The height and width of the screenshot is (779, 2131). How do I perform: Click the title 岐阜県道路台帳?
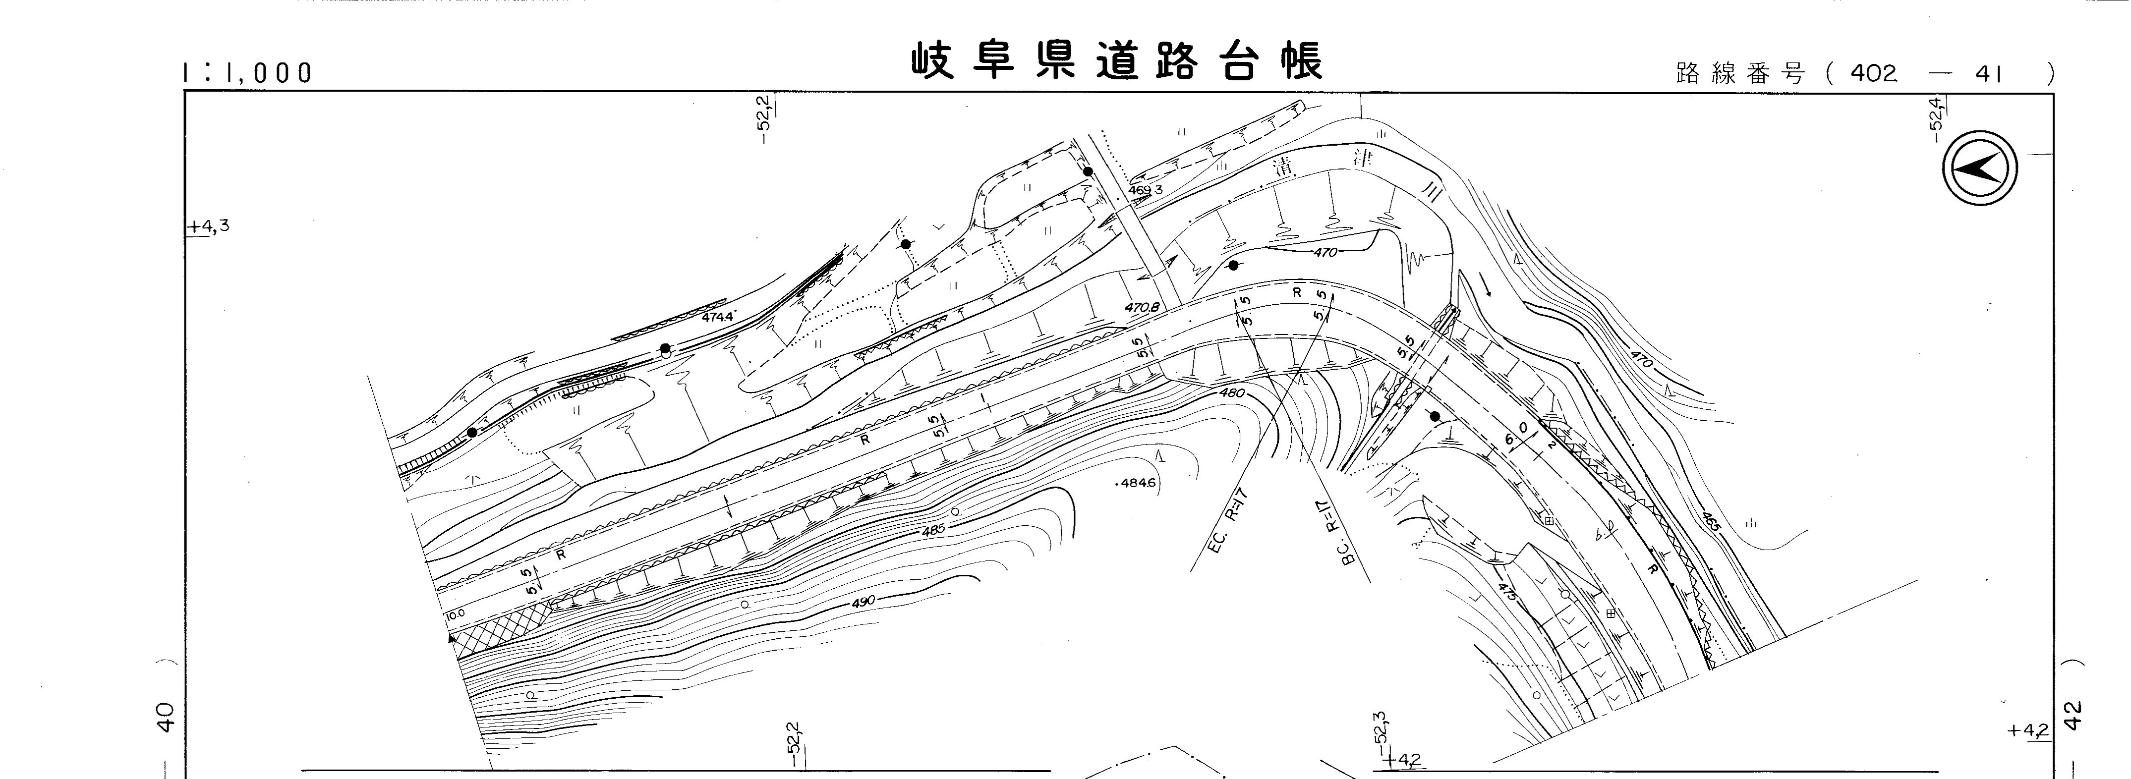pos(1117,60)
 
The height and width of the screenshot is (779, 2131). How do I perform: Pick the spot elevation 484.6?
pos(1137,483)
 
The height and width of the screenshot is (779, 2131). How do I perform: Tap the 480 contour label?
pos(1232,393)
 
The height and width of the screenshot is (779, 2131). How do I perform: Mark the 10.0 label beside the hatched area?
pos(455,614)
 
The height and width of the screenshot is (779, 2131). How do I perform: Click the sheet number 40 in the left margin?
pos(166,716)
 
